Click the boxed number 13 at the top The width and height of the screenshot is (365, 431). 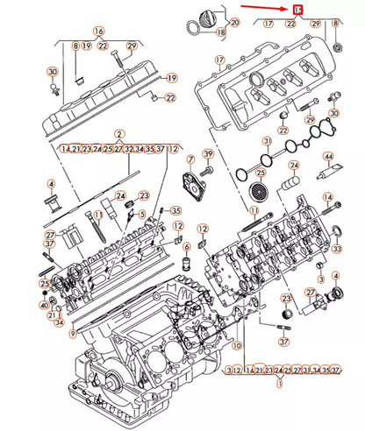pos(299,10)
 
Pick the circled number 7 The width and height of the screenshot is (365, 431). pos(189,159)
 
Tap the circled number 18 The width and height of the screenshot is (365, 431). pos(220,33)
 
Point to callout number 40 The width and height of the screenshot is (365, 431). pos(44,304)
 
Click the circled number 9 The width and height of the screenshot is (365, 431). pos(74,332)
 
